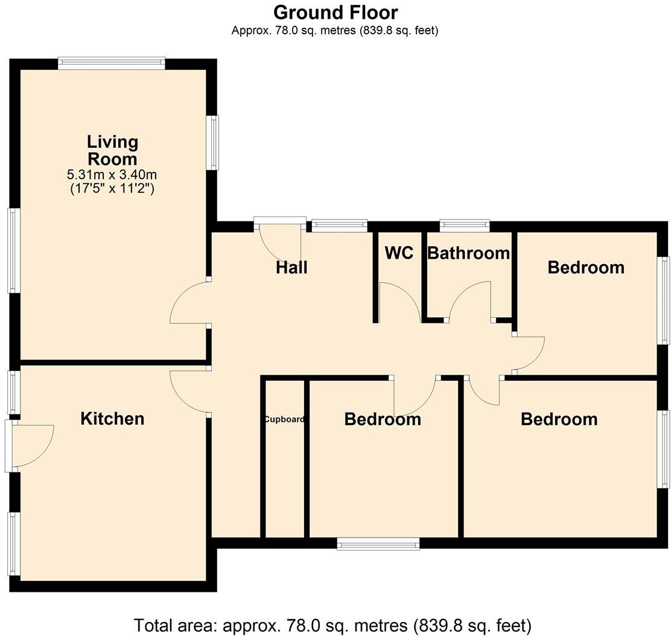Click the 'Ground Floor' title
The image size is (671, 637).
coord(335,12)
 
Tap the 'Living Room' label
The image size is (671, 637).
coord(112,150)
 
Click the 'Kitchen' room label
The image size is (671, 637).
coord(112,419)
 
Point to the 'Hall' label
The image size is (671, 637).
coord(291,267)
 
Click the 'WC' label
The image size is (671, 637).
coord(399,253)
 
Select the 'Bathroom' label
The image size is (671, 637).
coord(468,253)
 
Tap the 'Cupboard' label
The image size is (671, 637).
coord(284,419)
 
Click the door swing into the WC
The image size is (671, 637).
coord(399,302)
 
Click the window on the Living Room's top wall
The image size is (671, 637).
coord(112,63)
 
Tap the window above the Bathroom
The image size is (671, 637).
coord(464,226)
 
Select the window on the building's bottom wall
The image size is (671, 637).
coord(378,544)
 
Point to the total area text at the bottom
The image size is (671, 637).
coord(332,625)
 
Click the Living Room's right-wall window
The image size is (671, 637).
coord(213,143)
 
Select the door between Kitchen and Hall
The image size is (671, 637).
coord(190,391)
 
